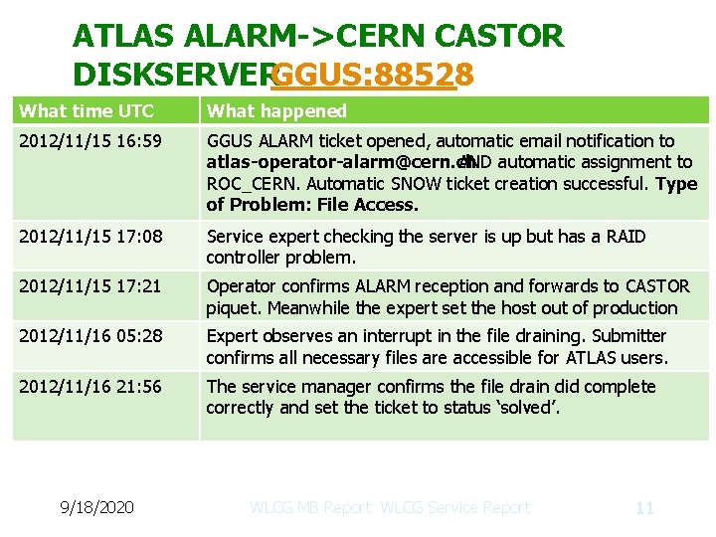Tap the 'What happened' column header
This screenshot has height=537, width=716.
tap(276, 111)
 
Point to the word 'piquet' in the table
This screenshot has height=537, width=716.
tap(230, 308)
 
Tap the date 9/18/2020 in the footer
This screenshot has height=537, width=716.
tap(95, 507)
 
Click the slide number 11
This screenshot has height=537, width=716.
tap(644, 507)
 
